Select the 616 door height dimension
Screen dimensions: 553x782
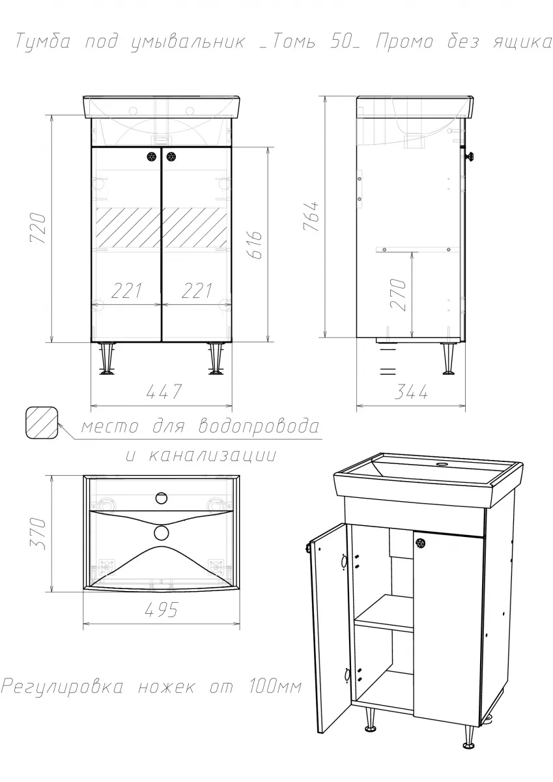click(x=256, y=244)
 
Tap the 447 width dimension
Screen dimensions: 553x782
click(x=164, y=392)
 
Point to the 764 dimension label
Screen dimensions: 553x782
click(x=310, y=216)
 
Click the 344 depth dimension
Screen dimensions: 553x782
click(x=411, y=392)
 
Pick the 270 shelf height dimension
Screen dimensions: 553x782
click(x=399, y=295)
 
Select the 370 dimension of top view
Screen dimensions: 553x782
click(x=38, y=534)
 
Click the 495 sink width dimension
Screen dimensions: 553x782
click(x=161, y=609)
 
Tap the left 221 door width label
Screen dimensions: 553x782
click(x=126, y=291)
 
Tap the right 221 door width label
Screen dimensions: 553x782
click(x=197, y=291)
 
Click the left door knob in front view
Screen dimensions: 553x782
click(x=152, y=157)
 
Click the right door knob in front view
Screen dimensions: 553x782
click(x=171, y=157)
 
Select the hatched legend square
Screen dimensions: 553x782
click(x=42, y=423)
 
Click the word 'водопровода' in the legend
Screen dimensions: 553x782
click(x=259, y=426)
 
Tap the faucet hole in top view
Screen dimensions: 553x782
click(x=161, y=498)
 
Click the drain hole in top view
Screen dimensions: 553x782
click(x=161, y=533)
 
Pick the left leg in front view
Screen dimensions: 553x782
click(x=107, y=358)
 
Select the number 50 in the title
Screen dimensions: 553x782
click(x=339, y=42)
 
